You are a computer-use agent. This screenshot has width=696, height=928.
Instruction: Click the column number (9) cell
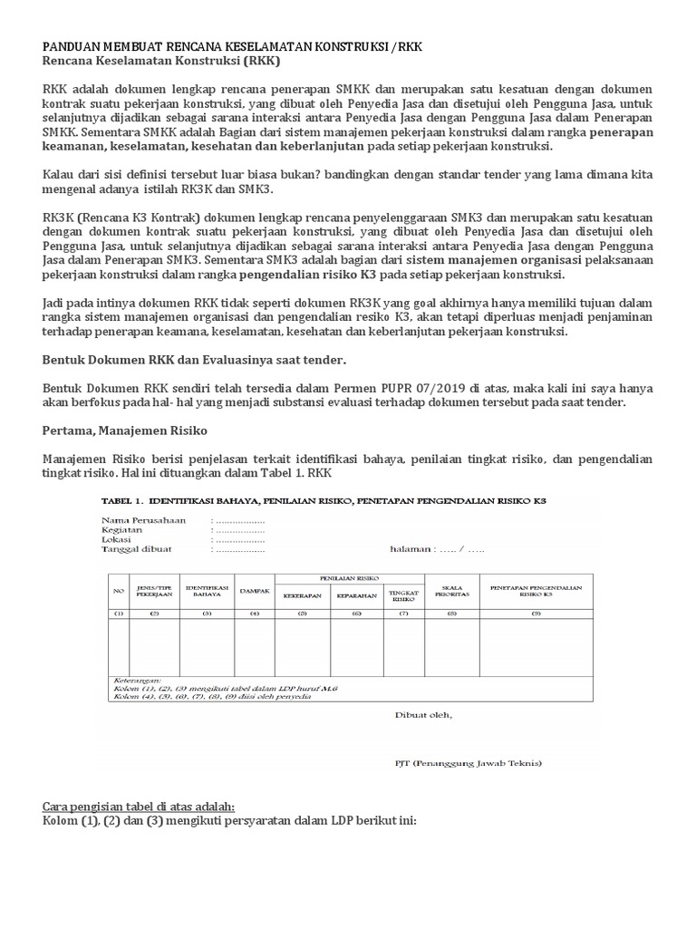535,614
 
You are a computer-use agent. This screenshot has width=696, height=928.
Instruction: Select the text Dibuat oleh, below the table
424,714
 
